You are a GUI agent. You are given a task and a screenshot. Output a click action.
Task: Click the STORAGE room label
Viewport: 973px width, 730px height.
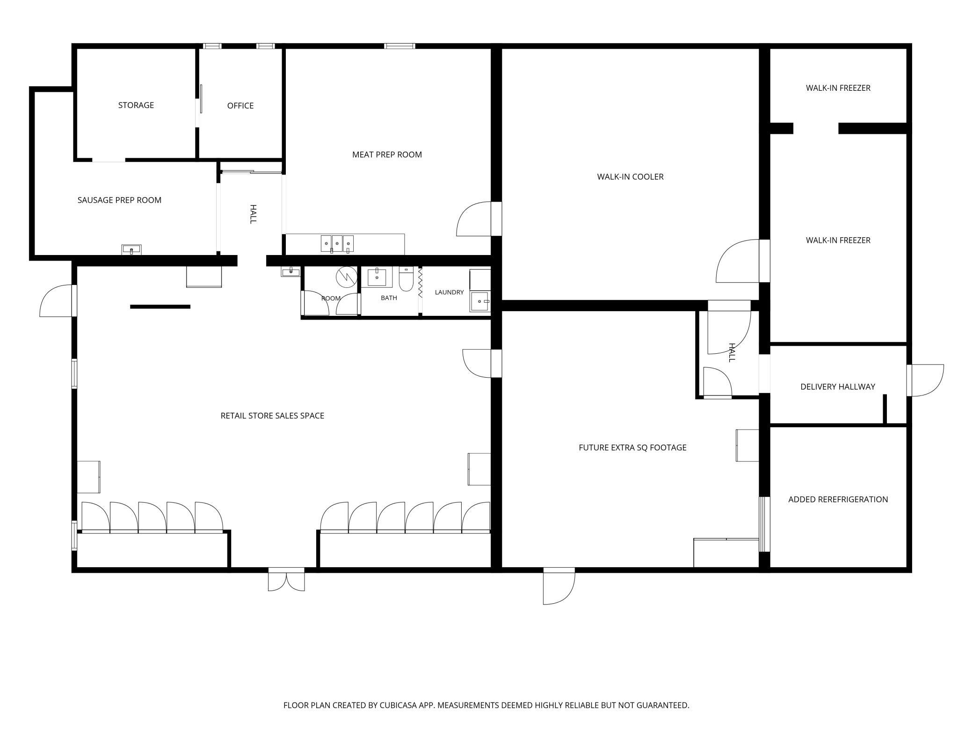coord(136,105)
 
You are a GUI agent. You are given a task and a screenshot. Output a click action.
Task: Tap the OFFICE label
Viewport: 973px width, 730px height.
coord(240,106)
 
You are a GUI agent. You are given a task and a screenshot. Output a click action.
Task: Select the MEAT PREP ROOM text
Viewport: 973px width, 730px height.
coord(387,154)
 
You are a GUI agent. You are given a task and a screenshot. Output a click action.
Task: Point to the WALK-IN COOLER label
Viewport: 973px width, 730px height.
coord(630,176)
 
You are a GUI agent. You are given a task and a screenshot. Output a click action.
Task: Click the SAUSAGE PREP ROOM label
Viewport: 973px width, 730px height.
coord(119,200)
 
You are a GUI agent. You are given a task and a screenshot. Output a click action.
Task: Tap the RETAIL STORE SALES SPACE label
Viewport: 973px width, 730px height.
coord(272,416)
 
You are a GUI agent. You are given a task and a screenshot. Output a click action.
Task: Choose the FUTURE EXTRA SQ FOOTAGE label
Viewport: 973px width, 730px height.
coord(632,447)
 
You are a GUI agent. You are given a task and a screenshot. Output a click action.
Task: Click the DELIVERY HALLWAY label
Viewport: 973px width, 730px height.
coord(837,387)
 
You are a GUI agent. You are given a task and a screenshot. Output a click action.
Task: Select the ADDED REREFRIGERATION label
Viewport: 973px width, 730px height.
coord(838,499)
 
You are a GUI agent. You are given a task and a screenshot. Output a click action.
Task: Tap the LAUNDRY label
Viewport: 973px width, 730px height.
coord(449,292)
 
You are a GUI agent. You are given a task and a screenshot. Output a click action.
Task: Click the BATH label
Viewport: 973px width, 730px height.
coord(389,298)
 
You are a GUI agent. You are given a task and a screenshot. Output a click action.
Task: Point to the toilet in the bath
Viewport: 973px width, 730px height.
coord(406,278)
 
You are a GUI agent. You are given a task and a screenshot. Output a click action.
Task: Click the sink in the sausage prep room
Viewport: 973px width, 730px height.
coord(131,249)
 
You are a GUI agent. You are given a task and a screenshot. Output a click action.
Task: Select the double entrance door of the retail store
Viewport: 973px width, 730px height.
coord(286,580)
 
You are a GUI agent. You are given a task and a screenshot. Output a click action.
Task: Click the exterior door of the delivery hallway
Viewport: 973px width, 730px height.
coord(925,380)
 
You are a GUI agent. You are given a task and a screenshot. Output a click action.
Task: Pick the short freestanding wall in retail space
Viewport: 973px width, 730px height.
coord(160,307)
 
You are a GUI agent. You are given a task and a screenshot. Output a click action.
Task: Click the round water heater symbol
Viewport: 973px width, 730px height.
coord(346,277)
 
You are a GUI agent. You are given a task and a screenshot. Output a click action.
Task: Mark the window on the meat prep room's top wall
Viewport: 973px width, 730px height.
coord(399,46)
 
